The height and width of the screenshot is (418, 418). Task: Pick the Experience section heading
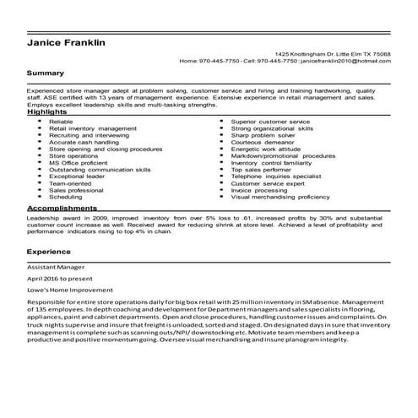pos(48,252)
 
